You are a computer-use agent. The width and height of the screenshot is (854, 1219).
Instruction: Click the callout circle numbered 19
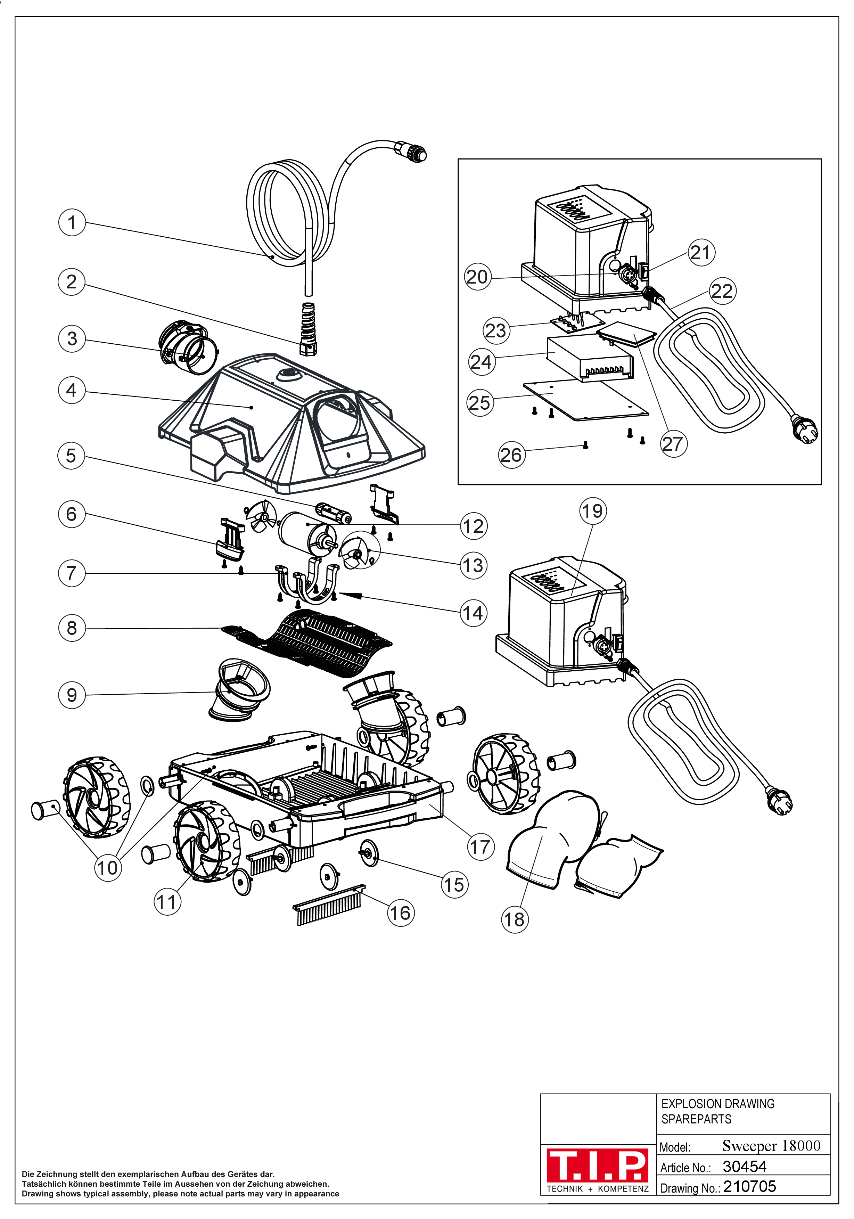click(x=592, y=511)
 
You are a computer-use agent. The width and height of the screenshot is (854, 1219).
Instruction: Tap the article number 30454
click(x=744, y=1167)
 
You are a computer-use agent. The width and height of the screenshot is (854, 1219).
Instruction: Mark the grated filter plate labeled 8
click(x=313, y=645)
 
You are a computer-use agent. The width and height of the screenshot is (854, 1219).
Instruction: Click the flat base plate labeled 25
click(x=584, y=401)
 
